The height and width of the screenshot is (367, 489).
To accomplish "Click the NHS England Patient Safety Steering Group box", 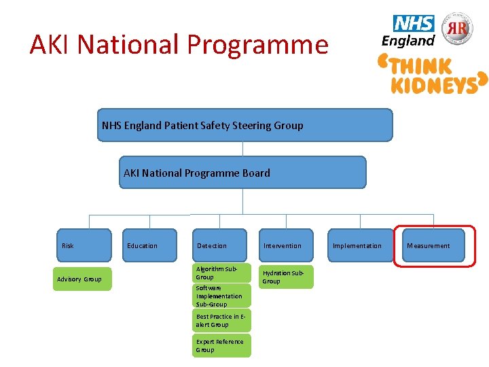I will (x=244, y=125).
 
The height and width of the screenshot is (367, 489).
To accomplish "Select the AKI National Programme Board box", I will (x=242, y=173).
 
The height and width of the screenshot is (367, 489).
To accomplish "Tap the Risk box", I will (x=84, y=245).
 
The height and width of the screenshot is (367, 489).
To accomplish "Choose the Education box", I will (x=150, y=245).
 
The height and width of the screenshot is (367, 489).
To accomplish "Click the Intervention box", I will (x=286, y=245).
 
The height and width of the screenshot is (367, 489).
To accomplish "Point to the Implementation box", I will (x=359, y=245).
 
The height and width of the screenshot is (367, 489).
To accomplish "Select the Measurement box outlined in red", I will (x=435, y=245).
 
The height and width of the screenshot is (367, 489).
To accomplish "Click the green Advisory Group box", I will (x=82, y=279).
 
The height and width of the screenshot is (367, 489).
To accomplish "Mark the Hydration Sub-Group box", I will (x=286, y=277).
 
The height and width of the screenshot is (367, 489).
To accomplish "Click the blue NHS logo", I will (x=413, y=24).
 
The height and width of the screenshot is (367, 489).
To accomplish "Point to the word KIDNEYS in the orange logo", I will (x=433, y=84).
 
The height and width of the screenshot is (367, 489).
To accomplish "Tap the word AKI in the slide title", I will (x=52, y=45).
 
